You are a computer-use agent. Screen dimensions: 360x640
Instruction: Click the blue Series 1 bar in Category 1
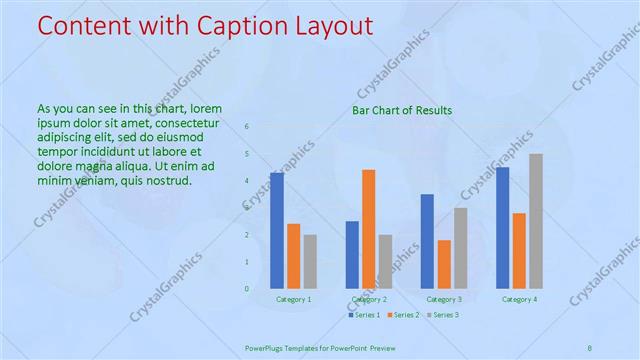pyautogui.click(x=277, y=230)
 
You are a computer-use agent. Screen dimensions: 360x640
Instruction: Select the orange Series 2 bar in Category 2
pyautogui.click(x=369, y=229)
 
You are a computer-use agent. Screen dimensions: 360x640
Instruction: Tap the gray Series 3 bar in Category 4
pyautogui.click(x=536, y=221)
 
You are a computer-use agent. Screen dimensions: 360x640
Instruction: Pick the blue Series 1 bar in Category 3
pyautogui.click(x=428, y=241)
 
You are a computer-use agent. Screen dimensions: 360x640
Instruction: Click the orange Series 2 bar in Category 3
pyautogui.click(x=444, y=264)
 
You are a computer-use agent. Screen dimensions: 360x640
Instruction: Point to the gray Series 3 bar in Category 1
pyautogui.click(x=310, y=261)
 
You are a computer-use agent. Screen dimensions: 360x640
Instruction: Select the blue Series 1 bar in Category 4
pyautogui.click(x=503, y=228)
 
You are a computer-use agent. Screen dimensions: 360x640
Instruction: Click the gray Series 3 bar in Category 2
pyautogui.click(x=386, y=261)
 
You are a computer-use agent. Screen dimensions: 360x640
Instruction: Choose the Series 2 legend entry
pyautogui.click(x=404, y=315)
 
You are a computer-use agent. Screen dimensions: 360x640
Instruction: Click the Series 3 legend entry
pyautogui.click(x=443, y=315)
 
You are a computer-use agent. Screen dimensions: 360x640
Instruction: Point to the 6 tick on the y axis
pyautogui.click(x=247, y=127)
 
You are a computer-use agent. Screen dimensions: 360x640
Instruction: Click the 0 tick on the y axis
pyautogui.click(x=247, y=289)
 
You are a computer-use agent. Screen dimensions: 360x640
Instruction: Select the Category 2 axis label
pyautogui.click(x=369, y=299)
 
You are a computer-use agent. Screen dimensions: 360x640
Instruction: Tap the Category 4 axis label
pyautogui.click(x=519, y=299)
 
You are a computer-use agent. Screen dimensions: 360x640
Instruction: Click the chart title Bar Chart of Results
pyautogui.click(x=402, y=110)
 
